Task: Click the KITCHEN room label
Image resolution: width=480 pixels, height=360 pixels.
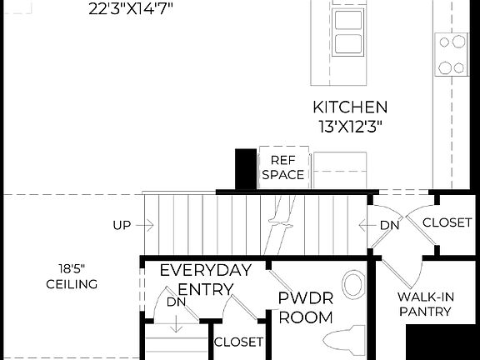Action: (x=349, y=107)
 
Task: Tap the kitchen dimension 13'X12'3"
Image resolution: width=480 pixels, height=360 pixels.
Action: (x=349, y=127)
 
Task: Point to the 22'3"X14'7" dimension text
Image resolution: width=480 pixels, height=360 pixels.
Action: (x=130, y=11)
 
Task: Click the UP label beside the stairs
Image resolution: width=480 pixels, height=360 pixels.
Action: (x=121, y=224)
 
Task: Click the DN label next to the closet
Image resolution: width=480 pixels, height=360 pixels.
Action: (x=389, y=225)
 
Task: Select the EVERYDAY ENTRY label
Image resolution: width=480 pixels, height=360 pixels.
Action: (x=205, y=279)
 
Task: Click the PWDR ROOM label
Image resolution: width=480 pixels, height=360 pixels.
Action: (x=305, y=307)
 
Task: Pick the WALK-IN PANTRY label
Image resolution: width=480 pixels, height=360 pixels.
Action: (x=424, y=304)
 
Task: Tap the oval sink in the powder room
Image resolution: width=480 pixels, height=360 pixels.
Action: (x=353, y=284)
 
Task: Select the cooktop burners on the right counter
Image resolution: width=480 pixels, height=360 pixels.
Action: (x=452, y=54)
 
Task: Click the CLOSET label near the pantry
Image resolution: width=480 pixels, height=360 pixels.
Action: (x=447, y=222)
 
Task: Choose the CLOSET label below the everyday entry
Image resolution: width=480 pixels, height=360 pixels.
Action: (x=239, y=342)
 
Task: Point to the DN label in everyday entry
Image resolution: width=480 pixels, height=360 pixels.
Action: (x=175, y=302)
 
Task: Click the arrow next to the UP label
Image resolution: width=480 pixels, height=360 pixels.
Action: (x=147, y=224)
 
